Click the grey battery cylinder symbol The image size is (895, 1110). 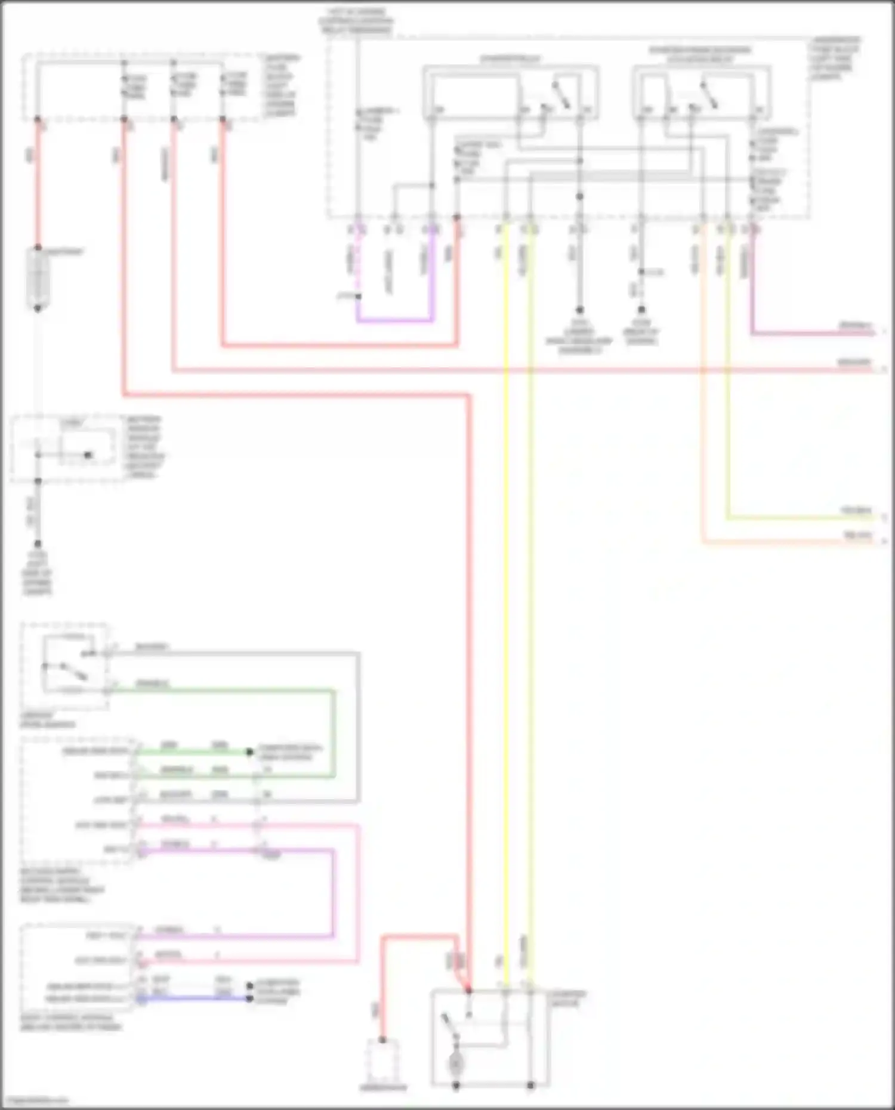(38, 279)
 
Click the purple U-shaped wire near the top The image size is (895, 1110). (395, 321)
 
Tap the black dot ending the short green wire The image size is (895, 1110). (250, 752)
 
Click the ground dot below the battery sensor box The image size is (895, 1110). (38, 544)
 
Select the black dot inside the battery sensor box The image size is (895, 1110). (88, 455)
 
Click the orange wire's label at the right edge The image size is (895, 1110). (858, 536)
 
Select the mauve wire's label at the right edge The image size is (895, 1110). (856, 326)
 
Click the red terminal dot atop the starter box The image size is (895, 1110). (469, 991)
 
